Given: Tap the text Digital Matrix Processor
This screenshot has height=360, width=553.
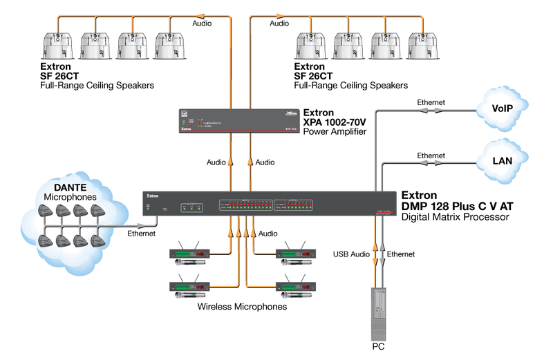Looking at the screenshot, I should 455,217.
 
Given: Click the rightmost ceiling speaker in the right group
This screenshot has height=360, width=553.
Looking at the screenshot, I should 423,46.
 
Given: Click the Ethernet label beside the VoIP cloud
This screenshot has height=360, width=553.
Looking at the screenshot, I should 431,102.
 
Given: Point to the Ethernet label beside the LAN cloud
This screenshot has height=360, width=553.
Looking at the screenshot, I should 431,156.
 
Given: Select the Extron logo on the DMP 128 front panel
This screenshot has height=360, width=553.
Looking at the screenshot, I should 153,196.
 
